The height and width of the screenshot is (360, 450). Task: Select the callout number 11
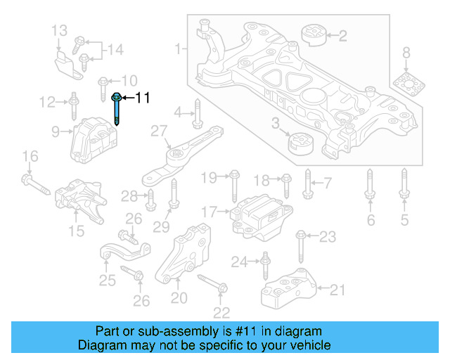click(143, 98)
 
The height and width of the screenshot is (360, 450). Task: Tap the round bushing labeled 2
click(309, 35)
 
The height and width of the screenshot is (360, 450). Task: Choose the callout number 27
click(159, 131)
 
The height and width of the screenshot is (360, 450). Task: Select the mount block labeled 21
click(289, 288)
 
